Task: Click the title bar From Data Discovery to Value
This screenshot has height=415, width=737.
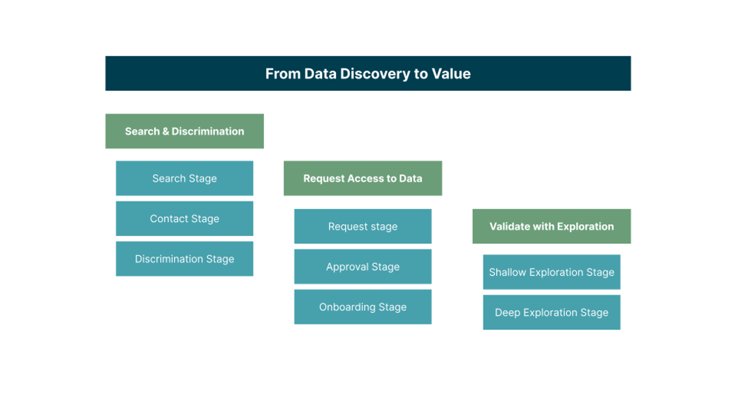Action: coord(368,73)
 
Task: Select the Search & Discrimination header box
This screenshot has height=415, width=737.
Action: coord(184,131)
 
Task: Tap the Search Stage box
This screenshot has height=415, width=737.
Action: coord(184,178)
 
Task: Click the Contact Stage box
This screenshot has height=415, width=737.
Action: coord(184,219)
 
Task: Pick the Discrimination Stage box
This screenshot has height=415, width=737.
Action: coord(184,259)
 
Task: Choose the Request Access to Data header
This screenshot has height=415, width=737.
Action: coord(363,178)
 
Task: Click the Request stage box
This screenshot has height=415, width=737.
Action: coord(363,226)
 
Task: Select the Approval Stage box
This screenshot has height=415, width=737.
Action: coord(363,267)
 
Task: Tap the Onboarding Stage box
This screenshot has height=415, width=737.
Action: coord(363,307)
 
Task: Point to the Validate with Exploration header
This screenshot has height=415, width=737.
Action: coord(551,226)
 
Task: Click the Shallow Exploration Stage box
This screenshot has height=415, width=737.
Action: coord(551,272)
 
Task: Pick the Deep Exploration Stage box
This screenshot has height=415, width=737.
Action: coord(551,313)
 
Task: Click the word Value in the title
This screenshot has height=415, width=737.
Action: coord(451,74)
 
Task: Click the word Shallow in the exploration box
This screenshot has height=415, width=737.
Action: coord(508,272)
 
